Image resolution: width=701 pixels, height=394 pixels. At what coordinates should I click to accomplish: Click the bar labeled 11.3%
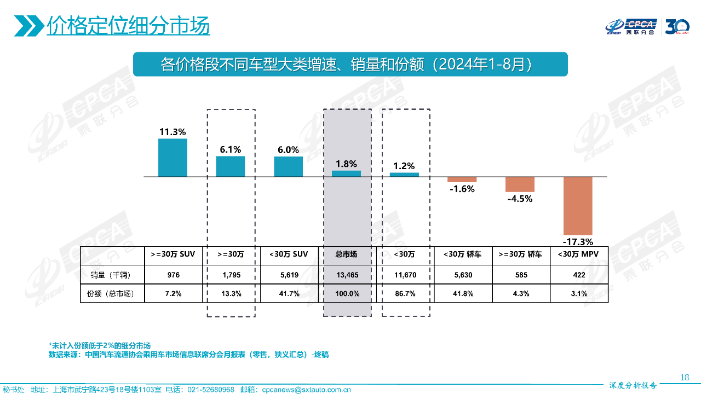click(173, 158)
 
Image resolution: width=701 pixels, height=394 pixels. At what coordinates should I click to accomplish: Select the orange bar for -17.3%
click(578, 206)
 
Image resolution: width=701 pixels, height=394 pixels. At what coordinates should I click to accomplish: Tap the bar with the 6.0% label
click(288, 166)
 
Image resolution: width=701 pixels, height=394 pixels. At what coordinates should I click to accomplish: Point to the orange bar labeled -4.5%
click(520, 184)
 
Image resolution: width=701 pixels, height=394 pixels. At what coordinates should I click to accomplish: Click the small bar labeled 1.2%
click(404, 175)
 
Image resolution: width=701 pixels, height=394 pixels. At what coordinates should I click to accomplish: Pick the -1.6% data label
click(462, 189)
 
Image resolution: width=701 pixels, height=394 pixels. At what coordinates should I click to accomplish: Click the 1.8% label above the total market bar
click(346, 164)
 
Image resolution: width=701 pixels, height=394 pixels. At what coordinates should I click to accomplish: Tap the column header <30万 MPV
click(578, 254)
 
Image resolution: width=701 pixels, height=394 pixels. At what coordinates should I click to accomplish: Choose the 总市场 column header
click(346, 254)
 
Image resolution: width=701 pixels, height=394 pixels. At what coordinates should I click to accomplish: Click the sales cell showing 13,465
click(346, 275)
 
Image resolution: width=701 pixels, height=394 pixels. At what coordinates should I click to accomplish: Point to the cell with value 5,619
click(289, 275)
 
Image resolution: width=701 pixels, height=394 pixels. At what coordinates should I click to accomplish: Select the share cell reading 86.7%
click(404, 294)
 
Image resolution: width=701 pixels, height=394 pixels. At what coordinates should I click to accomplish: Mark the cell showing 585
click(520, 275)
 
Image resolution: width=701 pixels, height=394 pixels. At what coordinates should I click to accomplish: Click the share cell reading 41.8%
click(462, 294)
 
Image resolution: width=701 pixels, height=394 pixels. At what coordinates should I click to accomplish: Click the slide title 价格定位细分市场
click(128, 26)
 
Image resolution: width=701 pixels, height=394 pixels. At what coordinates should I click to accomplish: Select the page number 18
click(684, 377)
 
